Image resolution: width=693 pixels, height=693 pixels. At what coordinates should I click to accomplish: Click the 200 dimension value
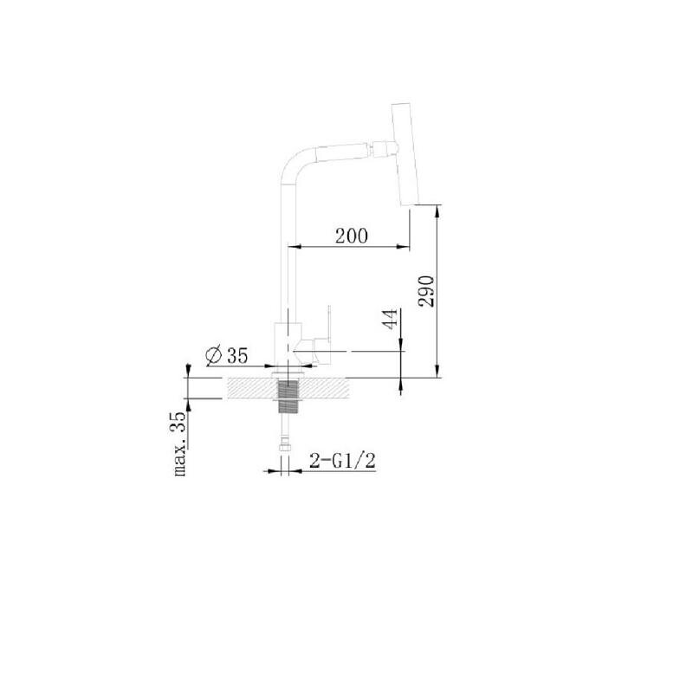click(352, 236)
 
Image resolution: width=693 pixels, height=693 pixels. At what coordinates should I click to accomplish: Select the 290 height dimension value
click(426, 291)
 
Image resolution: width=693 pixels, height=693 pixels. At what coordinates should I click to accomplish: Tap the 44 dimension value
click(390, 319)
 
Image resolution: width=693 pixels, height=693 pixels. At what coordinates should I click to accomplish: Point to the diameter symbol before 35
click(214, 355)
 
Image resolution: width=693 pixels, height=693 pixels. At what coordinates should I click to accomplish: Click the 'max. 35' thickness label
click(179, 444)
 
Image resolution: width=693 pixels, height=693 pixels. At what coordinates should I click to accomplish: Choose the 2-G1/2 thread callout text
click(342, 461)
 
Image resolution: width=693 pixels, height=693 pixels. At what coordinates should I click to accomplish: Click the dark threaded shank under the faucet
click(288, 397)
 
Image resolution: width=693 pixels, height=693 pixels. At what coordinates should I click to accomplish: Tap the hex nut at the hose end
click(285, 448)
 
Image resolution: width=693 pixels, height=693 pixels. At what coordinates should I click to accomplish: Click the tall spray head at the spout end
click(405, 155)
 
